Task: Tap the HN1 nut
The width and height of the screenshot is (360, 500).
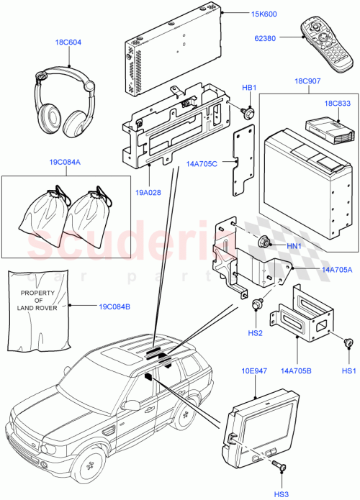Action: (265, 242)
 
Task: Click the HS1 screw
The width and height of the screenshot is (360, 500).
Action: (349, 343)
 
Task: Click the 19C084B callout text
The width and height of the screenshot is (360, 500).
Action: (115, 306)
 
